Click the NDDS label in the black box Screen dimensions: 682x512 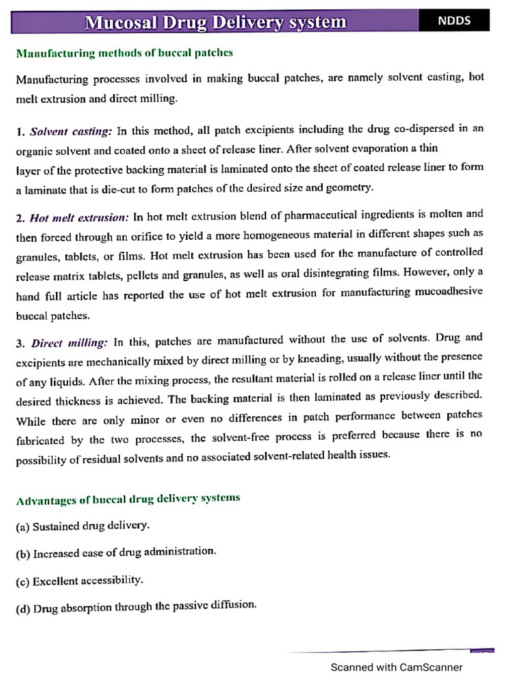[454, 21]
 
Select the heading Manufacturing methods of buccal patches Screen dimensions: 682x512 [125, 53]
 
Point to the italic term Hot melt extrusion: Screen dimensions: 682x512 [79, 217]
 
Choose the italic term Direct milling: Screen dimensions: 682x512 [69, 342]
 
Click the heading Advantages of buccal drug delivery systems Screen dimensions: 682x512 [128, 499]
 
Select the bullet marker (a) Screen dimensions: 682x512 [23, 527]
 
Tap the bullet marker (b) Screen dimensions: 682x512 [23, 554]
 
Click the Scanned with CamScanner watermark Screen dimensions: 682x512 [397, 667]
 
